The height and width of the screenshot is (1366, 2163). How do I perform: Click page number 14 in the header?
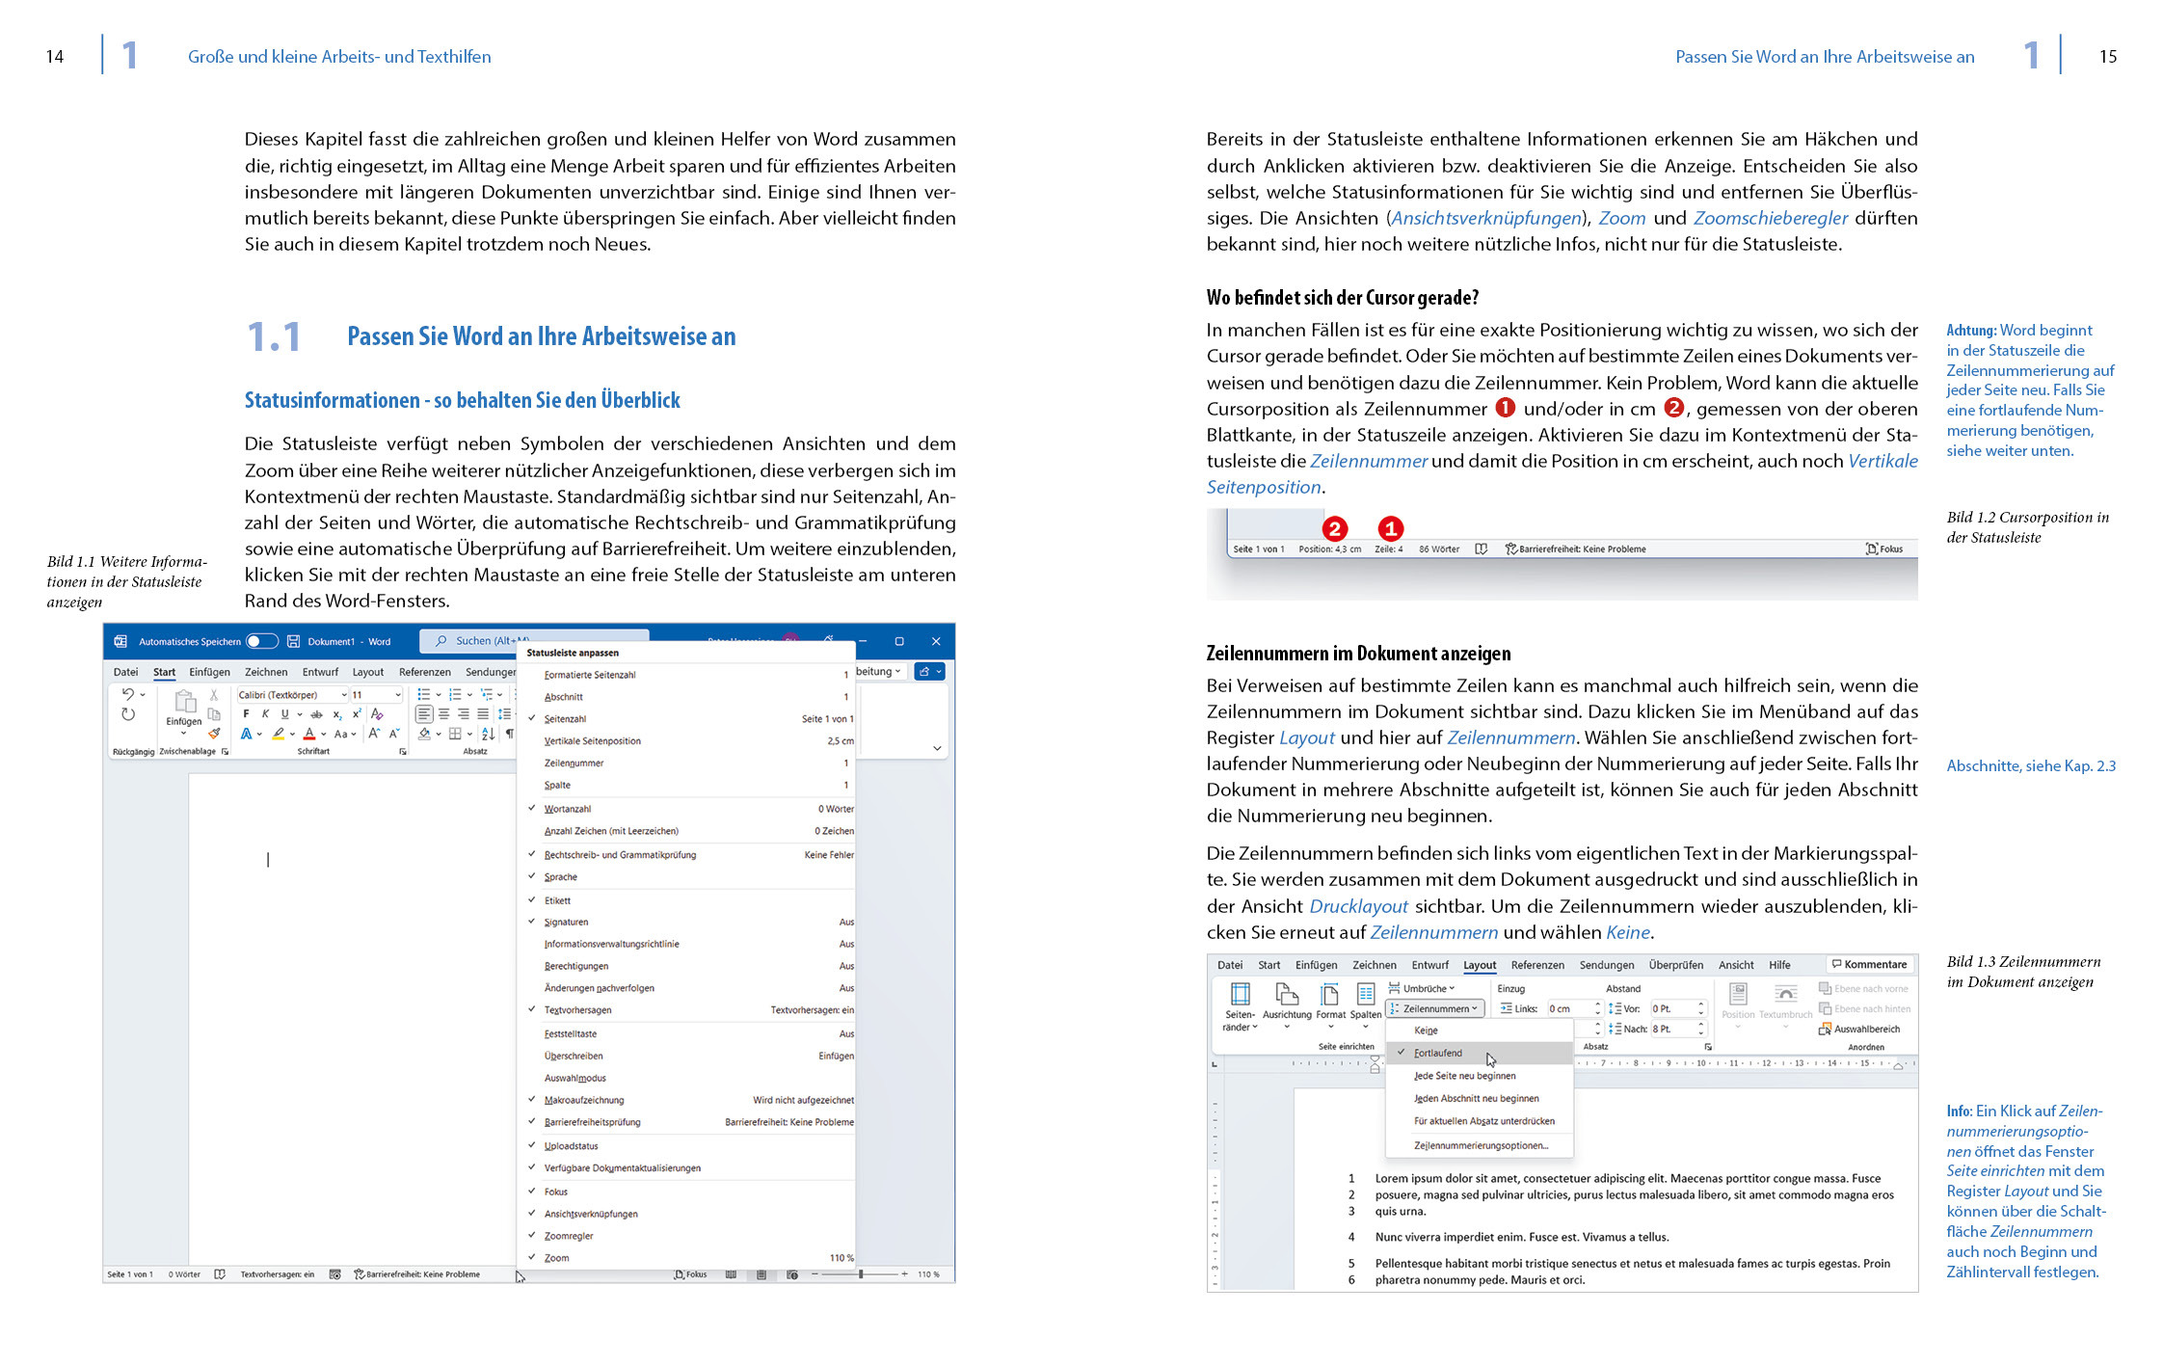coord(55,57)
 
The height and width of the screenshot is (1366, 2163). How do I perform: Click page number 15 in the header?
coord(2107,57)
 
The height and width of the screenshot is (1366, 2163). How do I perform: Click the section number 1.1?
coord(274,337)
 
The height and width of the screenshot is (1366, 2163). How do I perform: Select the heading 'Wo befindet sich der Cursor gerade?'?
coord(1342,298)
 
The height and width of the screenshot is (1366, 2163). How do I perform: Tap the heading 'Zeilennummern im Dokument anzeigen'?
coord(1358,654)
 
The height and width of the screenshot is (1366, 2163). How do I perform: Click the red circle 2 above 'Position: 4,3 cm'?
coord(1334,528)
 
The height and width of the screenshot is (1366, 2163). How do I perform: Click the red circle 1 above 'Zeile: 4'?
coord(1390,528)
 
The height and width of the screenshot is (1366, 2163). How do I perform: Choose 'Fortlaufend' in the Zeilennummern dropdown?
coord(1438,1053)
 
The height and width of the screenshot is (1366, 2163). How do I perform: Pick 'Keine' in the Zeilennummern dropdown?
coord(1426,1031)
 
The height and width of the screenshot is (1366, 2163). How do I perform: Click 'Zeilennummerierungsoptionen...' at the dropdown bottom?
coord(1481,1145)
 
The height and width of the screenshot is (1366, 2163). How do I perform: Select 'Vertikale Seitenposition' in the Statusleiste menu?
coord(592,741)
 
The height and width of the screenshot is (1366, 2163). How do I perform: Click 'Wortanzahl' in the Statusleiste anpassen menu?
coord(568,809)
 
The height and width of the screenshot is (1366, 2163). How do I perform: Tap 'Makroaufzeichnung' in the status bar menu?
coord(583,1100)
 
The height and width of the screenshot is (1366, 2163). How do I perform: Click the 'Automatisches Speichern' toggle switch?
coord(261,641)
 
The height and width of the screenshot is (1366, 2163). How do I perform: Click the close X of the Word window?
coord(935,641)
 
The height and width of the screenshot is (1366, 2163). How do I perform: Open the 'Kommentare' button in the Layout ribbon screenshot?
coord(1869,964)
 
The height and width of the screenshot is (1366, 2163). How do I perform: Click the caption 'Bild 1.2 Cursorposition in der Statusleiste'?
coord(2026,527)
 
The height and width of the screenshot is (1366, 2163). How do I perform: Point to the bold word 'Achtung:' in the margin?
coord(1971,330)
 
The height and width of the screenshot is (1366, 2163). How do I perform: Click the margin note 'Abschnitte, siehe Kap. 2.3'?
coord(2030,765)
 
